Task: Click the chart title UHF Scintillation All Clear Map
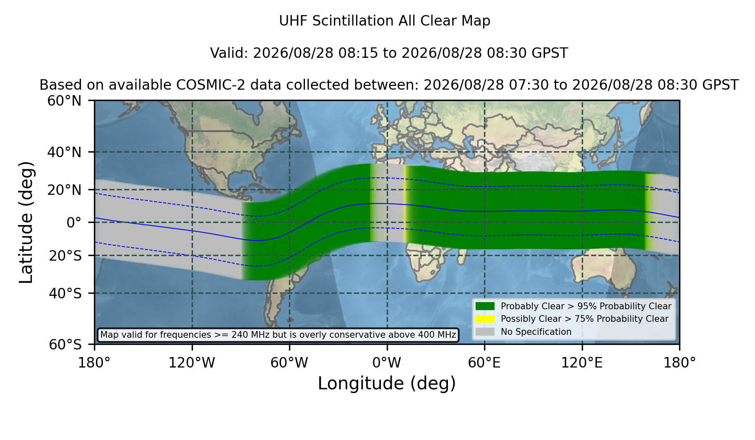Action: pyautogui.click(x=385, y=21)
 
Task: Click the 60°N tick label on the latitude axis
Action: pyautogui.click(x=64, y=101)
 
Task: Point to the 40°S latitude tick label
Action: pyautogui.click(x=65, y=293)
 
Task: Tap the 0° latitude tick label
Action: pyautogui.click(x=74, y=222)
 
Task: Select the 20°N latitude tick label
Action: pyautogui.click(x=64, y=190)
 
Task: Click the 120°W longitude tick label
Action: pyautogui.click(x=192, y=363)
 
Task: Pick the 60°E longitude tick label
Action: pyautogui.click(x=484, y=363)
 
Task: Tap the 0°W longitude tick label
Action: pyautogui.click(x=387, y=363)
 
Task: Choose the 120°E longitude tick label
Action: pyautogui.click(x=582, y=363)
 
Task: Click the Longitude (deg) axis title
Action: pyautogui.click(x=387, y=383)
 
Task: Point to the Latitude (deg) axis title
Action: pyautogui.click(x=26, y=222)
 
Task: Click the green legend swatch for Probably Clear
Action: pyautogui.click(x=485, y=306)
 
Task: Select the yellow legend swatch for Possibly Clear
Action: pyautogui.click(x=485, y=319)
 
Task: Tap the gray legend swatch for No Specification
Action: pyautogui.click(x=485, y=332)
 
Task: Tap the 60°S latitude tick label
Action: pyautogui.click(x=65, y=344)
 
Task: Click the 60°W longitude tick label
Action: pyautogui.click(x=289, y=363)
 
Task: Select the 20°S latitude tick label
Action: pyautogui.click(x=65, y=255)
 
